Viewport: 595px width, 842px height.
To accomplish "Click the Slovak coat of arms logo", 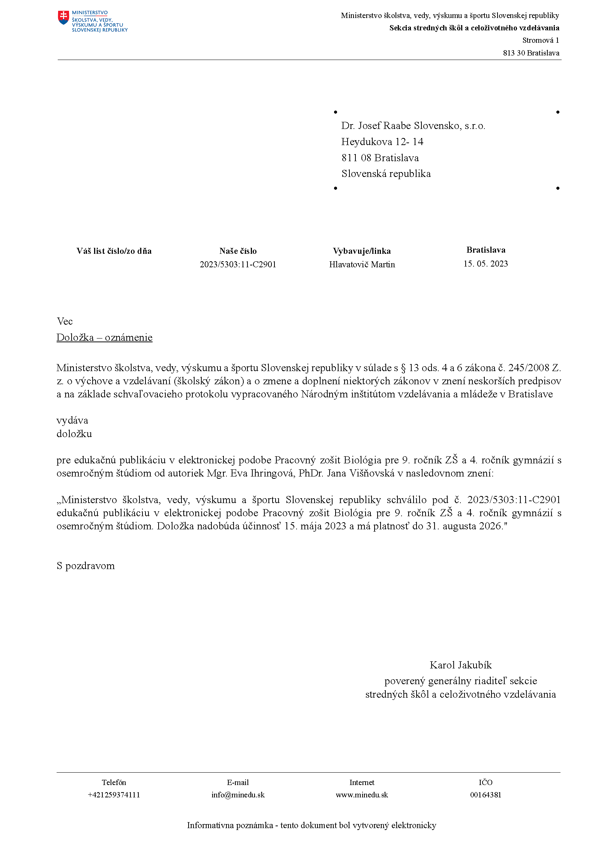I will coord(64,17).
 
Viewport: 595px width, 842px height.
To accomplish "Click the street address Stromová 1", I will coord(540,40).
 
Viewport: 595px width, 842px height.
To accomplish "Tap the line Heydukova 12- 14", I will coord(382,142).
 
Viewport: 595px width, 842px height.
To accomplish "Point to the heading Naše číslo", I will coord(238,251).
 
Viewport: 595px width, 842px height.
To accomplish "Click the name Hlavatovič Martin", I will coord(362,264).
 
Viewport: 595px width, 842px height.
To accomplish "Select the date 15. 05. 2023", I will coord(486,264).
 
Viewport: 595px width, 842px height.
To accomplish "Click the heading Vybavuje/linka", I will coord(362,251).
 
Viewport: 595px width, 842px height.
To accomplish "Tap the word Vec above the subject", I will coord(65,321).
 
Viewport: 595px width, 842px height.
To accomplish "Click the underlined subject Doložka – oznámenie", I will coord(105,337).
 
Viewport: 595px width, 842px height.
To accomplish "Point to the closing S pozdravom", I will coord(85,566).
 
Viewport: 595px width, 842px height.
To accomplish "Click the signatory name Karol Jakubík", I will coord(460,665).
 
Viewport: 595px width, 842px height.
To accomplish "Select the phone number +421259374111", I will coord(114,795).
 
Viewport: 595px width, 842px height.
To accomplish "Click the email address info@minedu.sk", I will coord(238,795).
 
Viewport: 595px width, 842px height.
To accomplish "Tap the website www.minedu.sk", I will coord(362,795).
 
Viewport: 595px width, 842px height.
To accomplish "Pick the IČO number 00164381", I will coord(486,795).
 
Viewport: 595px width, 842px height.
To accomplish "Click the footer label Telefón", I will coord(114,782).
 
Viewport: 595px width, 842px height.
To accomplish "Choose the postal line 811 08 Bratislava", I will coord(380,158).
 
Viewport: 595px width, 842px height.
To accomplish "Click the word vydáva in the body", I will coord(72,420).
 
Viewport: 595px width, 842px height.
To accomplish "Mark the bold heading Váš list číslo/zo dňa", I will coord(114,251).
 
